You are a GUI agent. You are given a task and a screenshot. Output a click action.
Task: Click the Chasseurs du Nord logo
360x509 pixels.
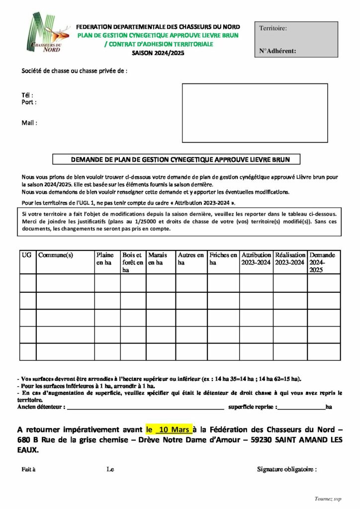(46, 34)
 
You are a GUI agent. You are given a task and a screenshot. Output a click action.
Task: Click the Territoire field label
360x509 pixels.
(273, 28)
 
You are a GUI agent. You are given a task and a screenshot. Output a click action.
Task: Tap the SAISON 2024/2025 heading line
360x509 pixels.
(158, 53)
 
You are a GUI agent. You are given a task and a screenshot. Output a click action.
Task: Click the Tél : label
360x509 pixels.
(27, 95)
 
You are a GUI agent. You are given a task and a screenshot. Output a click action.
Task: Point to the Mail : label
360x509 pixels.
(29, 123)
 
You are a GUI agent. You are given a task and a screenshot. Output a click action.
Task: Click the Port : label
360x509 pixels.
(28, 102)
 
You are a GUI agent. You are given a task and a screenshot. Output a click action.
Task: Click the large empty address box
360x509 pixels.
(255, 113)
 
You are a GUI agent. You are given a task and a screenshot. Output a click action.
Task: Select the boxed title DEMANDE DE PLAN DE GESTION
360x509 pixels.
(178, 160)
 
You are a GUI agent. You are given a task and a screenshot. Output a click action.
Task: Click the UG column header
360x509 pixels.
(27, 255)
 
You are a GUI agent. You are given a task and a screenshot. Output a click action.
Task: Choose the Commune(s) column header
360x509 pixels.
(55, 255)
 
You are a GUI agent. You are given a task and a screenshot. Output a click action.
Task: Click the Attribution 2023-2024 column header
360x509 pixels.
(256, 259)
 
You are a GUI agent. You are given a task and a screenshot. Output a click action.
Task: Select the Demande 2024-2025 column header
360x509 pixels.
(323, 262)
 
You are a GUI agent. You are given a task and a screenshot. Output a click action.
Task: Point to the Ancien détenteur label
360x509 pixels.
(41, 407)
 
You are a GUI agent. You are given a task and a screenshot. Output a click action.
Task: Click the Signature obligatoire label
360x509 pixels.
(286, 469)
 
